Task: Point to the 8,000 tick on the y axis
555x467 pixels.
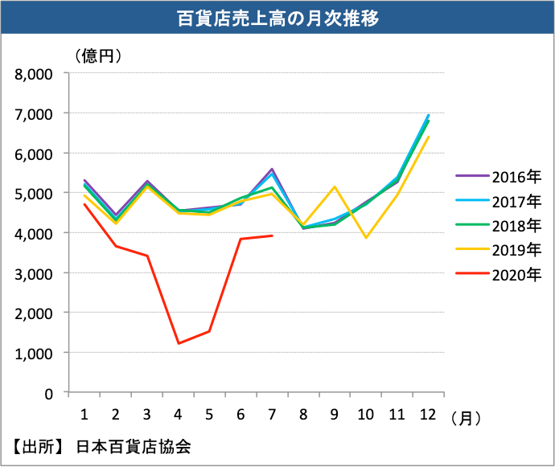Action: [34, 74]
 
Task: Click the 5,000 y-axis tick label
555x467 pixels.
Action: [34, 193]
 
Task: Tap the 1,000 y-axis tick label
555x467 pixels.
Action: [34, 353]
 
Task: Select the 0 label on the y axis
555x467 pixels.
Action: [48, 393]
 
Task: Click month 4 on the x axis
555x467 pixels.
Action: [178, 414]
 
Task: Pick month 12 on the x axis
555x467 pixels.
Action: [428, 414]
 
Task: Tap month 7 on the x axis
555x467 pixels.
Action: [272, 414]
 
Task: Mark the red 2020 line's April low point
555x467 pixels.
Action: [178, 343]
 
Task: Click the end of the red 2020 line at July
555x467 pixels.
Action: [273, 236]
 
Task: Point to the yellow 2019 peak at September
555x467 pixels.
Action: [335, 186]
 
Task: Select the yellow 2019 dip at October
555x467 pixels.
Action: [366, 238]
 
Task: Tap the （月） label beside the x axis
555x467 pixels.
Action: [467, 417]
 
